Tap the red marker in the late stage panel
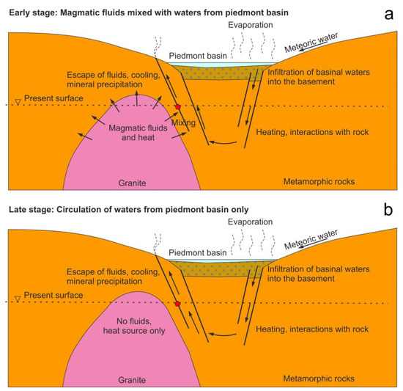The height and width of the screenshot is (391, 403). [x=177, y=303]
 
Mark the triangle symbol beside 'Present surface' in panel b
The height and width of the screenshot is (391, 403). [x=17, y=301]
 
